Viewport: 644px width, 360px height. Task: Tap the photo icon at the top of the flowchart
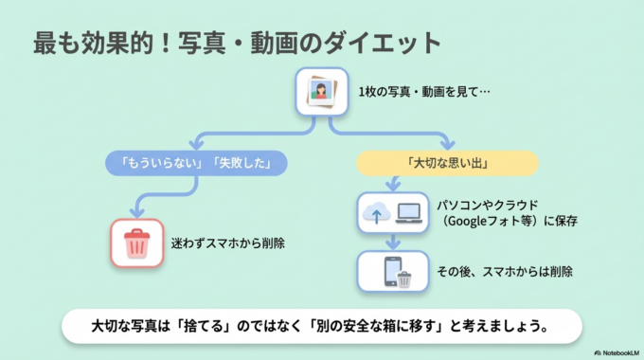pyautogui.click(x=322, y=93)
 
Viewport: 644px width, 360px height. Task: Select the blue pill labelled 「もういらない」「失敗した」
pyautogui.click(x=195, y=163)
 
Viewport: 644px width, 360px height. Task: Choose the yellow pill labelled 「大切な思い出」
pyautogui.click(x=447, y=163)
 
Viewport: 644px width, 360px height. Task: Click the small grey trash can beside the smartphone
pyautogui.click(x=404, y=279)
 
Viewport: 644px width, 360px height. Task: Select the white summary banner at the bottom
pyautogui.click(x=322, y=325)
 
